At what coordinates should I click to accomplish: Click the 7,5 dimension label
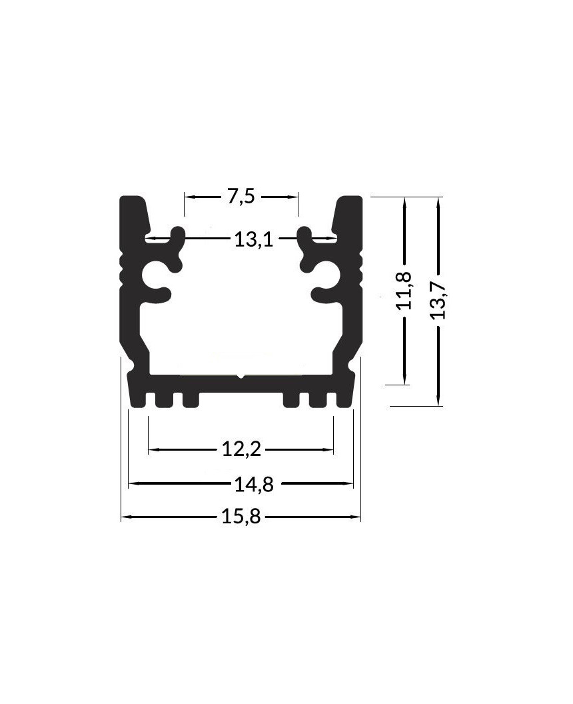point(241,197)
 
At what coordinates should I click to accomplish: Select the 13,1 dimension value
point(253,239)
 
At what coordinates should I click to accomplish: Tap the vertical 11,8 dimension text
point(404,291)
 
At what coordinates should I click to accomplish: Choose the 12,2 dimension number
point(241,450)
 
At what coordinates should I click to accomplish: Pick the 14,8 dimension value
point(253,485)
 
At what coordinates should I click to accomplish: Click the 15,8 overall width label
point(241,517)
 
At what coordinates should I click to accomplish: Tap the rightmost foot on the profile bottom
point(344,399)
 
